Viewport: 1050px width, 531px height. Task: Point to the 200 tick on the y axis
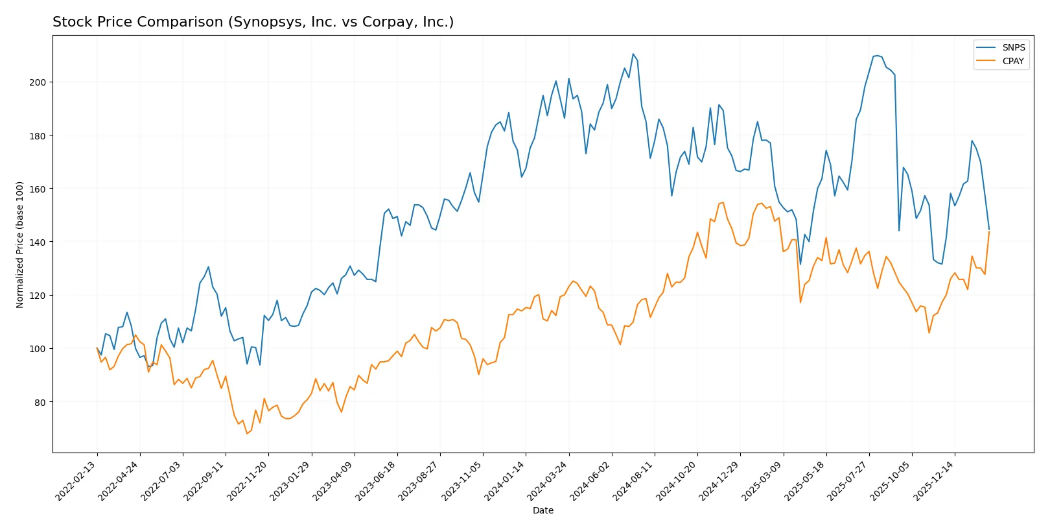tap(38, 82)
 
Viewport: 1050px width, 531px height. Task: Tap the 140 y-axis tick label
tap(38, 242)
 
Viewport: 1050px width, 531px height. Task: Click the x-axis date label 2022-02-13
tap(76, 480)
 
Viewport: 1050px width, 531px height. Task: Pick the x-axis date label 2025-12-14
tap(934, 480)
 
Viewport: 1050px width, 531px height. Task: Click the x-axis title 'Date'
tap(543, 510)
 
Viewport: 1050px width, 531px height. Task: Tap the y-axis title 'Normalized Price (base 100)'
tap(20, 244)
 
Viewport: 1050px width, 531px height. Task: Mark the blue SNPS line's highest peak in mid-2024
tap(633, 54)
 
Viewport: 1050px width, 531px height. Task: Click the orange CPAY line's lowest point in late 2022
tap(247, 433)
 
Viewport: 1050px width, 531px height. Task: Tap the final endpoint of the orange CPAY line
tap(989, 231)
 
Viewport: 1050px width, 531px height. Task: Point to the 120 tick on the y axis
tap(38, 296)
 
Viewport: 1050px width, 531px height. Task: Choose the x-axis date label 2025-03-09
tap(762, 480)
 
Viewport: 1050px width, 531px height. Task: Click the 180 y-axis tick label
tap(38, 136)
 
